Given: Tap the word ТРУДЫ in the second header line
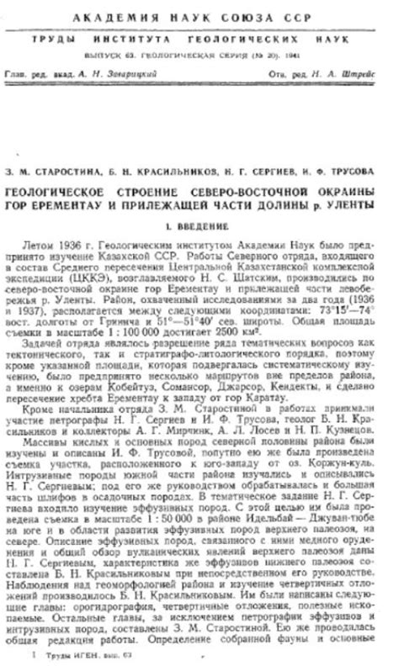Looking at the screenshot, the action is coord(53,40).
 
